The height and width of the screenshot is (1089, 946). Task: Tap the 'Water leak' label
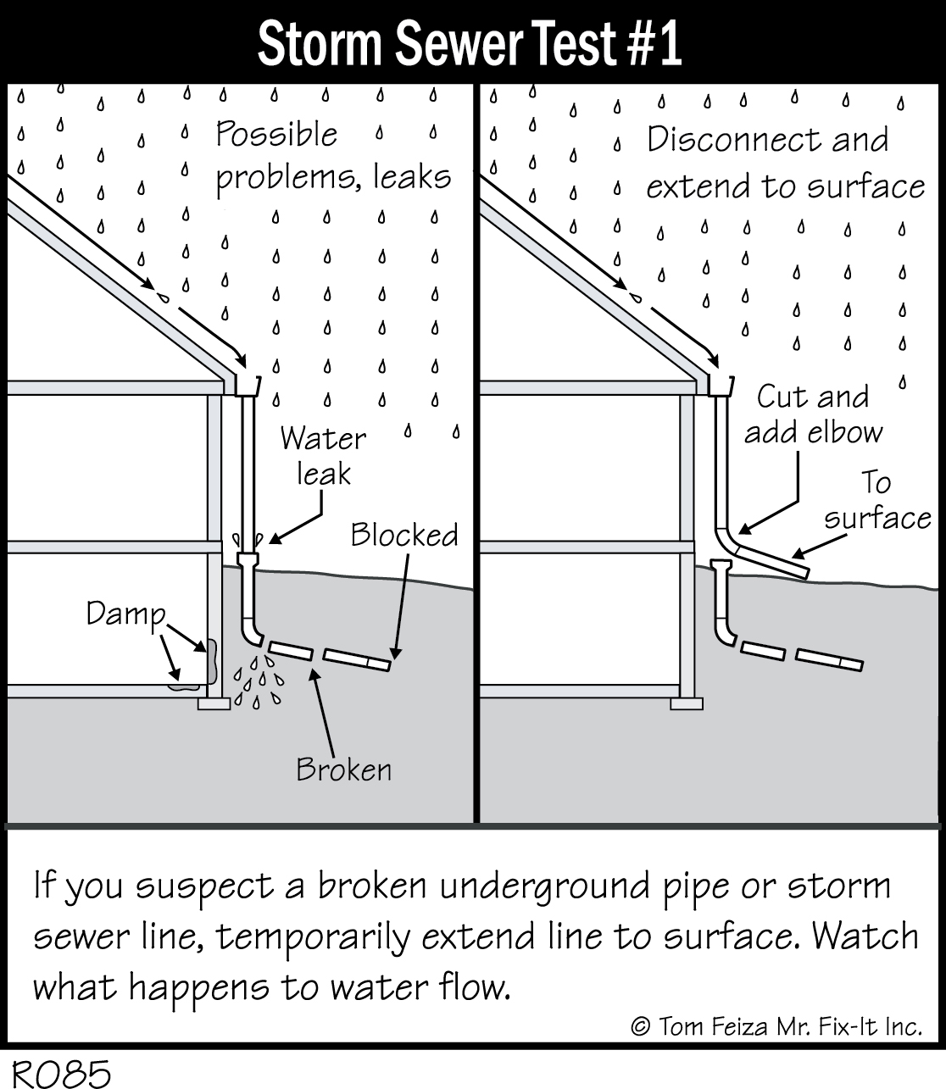click(x=323, y=456)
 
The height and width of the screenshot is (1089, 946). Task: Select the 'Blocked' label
click(x=404, y=536)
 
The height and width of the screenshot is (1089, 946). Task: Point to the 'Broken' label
click(x=343, y=770)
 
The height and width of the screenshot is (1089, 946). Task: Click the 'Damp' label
click(x=125, y=614)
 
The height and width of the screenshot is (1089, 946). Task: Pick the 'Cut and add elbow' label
click(x=812, y=414)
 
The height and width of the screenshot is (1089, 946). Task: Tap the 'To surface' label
click(x=876, y=500)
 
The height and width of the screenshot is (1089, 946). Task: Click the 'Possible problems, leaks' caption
click(x=332, y=156)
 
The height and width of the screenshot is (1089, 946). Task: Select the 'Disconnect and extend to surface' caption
click(x=784, y=163)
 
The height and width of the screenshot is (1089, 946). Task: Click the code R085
click(x=57, y=1073)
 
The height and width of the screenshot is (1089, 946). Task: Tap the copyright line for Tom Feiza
click(x=776, y=1027)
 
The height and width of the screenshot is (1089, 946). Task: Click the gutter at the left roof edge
click(x=247, y=385)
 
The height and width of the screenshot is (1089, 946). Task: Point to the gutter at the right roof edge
click(x=721, y=385)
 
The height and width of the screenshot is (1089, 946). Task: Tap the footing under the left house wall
click(x=214, y=703)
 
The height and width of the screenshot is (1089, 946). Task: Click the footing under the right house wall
click(x=686, y=703)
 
